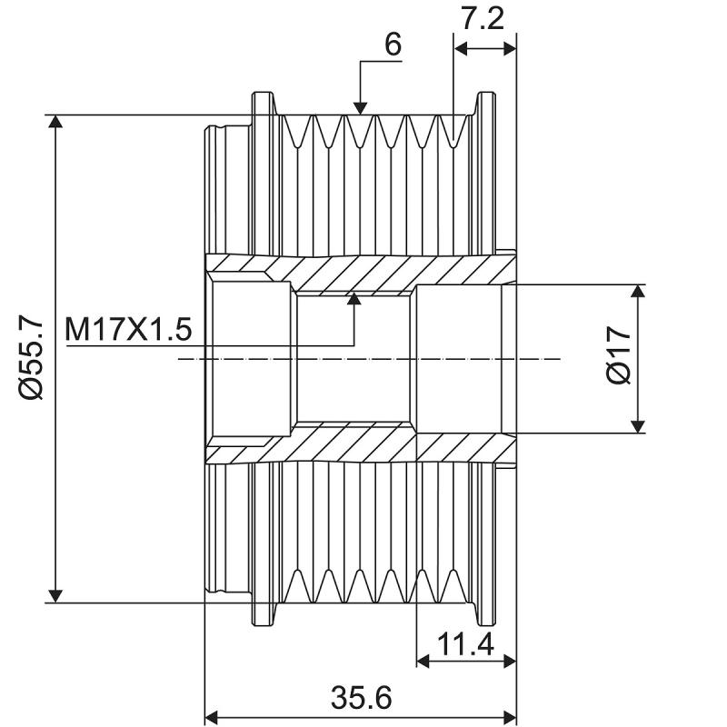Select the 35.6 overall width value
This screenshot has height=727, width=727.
(x=361, y=699)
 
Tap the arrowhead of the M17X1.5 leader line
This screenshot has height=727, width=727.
(x=354, y=299)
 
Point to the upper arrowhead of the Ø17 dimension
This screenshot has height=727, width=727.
(x=638, y=293)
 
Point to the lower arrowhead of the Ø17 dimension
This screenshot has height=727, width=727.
(x=638, y=424)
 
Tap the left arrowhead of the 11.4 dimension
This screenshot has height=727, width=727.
(x=423, y=663)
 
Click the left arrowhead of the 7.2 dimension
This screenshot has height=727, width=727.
(x=460, y=48)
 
